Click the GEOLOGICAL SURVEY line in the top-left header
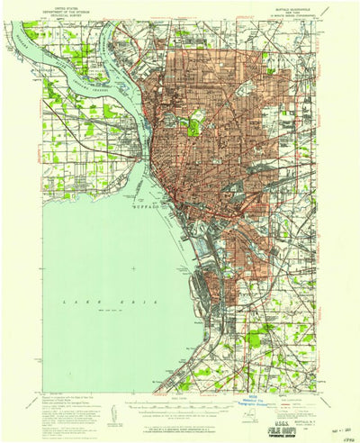tap(65, 16)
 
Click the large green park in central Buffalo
tap(193, 126)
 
